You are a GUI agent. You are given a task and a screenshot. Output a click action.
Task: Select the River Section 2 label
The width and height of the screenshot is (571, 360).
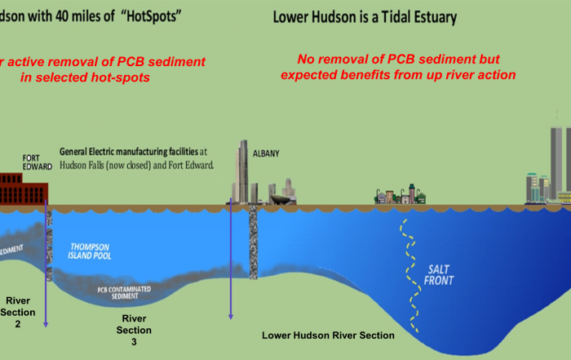click(x=17, y=312)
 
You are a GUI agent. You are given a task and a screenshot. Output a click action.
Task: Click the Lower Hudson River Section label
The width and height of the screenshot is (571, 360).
click(x=328, y=336)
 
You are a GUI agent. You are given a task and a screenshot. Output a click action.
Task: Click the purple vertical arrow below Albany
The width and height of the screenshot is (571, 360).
click(x=232, y=261)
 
